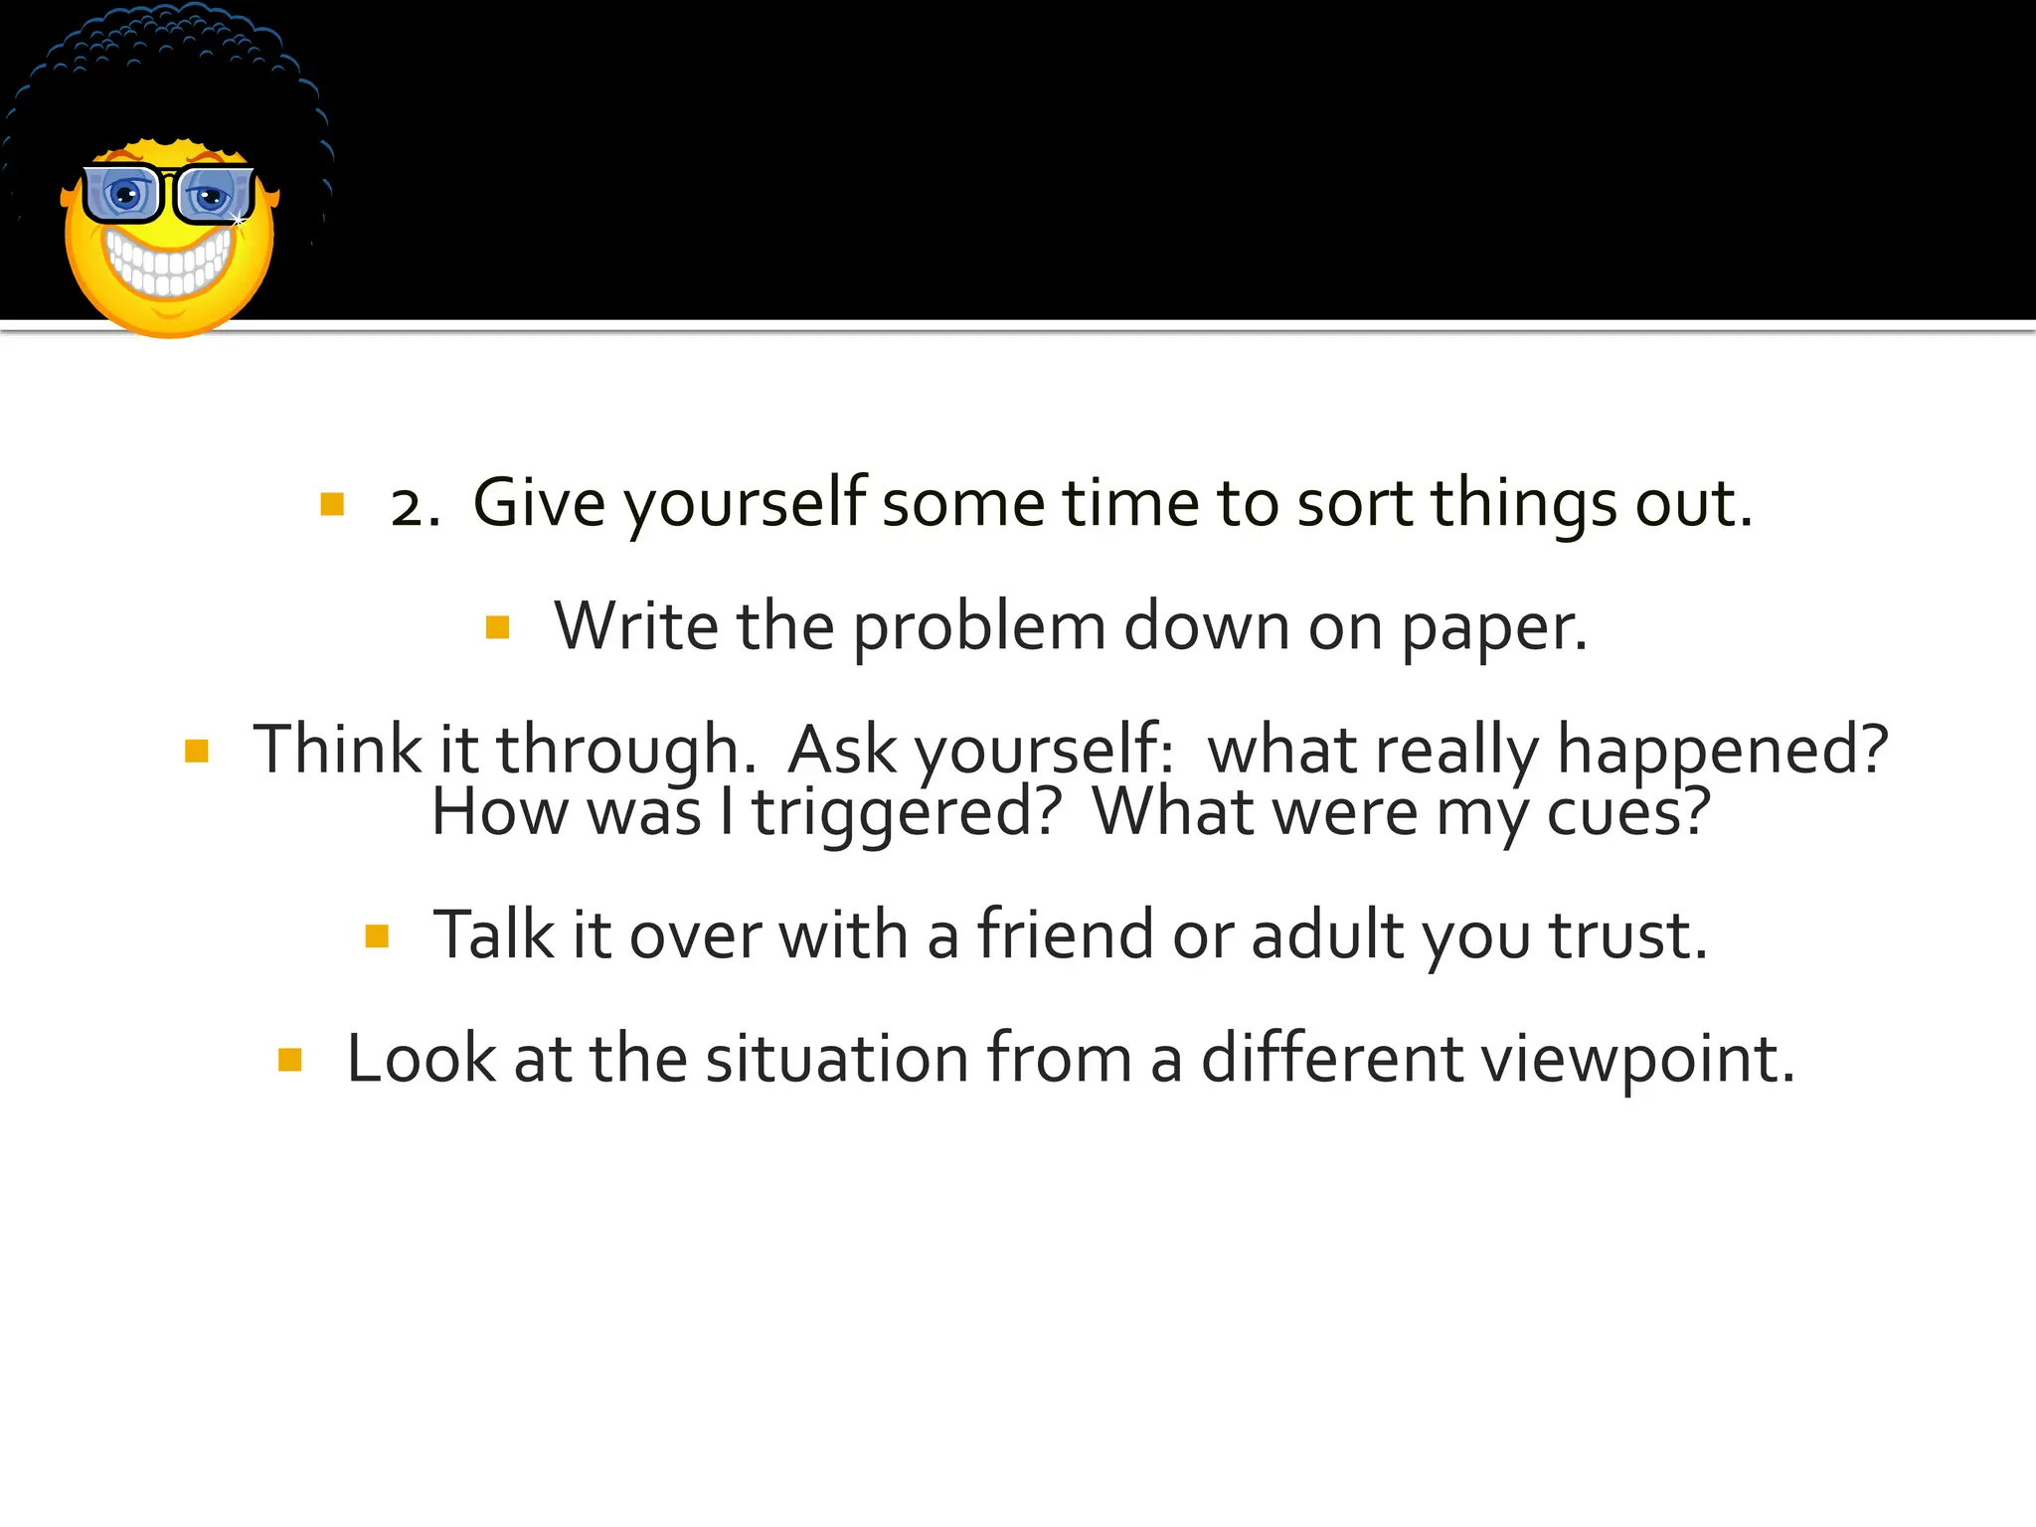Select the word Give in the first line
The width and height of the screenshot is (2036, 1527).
click(538, 503)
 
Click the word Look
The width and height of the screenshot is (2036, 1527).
click(421, 1058)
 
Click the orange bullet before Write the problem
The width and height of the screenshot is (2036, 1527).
click(498, 627)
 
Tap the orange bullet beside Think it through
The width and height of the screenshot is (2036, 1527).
click(197, 751)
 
